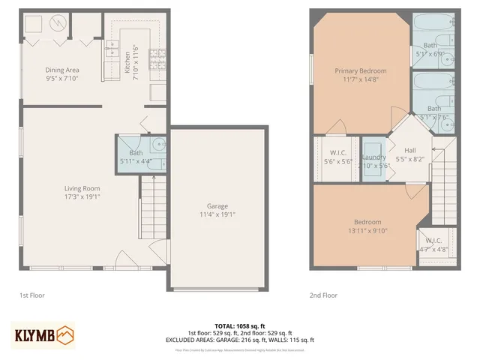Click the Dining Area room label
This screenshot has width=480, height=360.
coord(52,69)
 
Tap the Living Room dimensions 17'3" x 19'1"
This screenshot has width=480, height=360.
coord(82,196)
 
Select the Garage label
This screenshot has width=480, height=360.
coord(217,206)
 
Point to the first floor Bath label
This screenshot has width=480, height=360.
coord(136,153)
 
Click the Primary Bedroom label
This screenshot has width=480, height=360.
coord(361,70)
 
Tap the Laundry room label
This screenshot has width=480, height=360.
coord(373,157)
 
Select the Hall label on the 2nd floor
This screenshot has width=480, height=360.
coord(409,150)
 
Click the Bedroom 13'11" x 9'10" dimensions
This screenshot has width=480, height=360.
coord(367,231)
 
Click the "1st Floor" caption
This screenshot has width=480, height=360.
coord(32,295)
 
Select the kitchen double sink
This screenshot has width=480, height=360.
coord(112,50)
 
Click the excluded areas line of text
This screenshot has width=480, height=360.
coord(240,340)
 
